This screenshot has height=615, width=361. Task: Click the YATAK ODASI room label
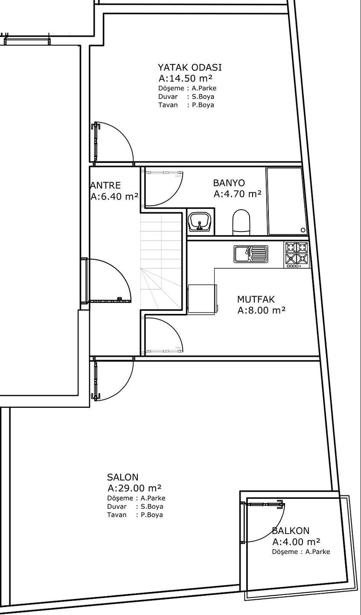(189, 67)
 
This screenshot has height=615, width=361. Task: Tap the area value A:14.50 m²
(186, 78)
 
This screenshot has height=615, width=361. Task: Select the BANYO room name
(229, 183)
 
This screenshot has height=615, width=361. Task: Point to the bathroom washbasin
(200, 222)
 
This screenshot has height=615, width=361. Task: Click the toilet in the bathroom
(242, 223)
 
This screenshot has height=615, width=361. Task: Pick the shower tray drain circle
(303, 230)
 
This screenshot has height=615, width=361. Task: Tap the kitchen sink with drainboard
(251, 254)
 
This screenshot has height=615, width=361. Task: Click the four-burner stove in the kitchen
(296, 255)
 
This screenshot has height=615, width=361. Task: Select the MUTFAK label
(256, 299)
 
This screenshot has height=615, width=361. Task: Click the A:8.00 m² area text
(262, 310)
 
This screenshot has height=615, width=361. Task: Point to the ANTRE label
(106, 185)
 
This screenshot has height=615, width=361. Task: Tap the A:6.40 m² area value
(114, 196)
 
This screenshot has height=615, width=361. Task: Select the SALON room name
(122, 477)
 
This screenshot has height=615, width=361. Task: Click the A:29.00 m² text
(134, 488)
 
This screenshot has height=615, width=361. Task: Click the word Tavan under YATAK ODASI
(168, 105)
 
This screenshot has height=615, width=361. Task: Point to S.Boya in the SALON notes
(152, 507)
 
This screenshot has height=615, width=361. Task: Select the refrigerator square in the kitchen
(202, 299)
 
